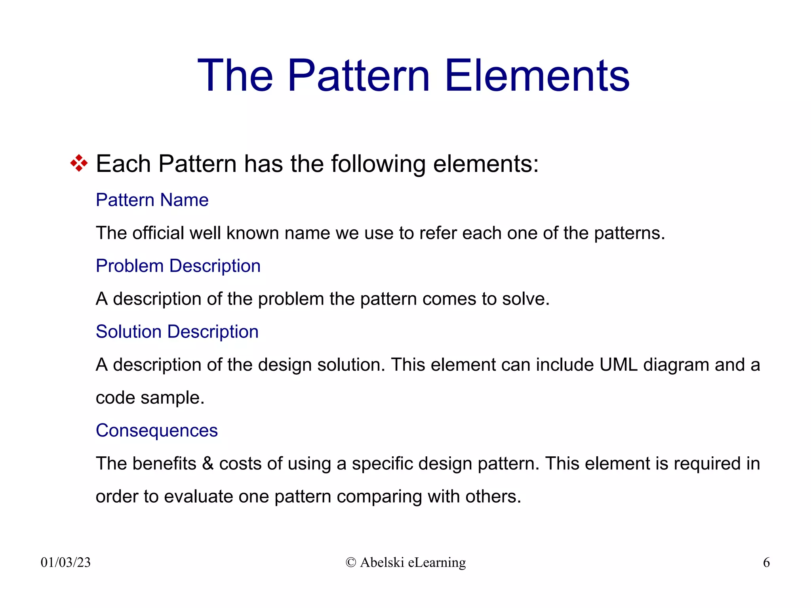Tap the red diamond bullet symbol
point(79,163)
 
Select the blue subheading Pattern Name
point(152,200)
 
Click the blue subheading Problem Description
point(178,266)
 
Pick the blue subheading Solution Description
point(177,332)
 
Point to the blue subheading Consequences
point(157,431)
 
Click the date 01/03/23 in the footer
point(66,562)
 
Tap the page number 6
point(766,562)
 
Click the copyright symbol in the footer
point(351,562)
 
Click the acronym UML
point(618,365)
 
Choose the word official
point(158,233)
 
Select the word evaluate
point(198,497)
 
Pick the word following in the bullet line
point(378,164)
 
